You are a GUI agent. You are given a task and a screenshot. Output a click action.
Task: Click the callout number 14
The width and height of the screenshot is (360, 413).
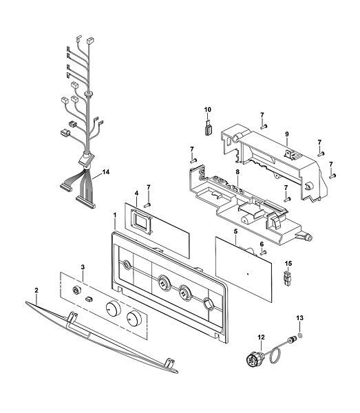pos(105,172)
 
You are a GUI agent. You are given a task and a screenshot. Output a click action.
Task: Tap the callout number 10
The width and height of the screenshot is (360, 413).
pos(208,109)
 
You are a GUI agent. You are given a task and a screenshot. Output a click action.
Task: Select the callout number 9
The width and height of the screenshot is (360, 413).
pos(287,134)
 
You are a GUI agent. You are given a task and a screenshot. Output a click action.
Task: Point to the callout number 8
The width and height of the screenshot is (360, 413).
pos(237,172)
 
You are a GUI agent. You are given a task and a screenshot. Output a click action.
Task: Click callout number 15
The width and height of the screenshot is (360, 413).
pos(288,264)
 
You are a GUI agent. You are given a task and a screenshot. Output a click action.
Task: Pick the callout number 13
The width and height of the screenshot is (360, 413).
pos(299,318)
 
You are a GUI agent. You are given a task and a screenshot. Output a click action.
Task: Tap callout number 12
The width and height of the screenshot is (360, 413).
pos(261,337)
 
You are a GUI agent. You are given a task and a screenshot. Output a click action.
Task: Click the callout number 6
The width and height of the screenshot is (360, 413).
pos(262,244)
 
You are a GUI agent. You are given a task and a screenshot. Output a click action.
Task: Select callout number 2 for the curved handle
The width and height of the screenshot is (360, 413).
pos(36,290)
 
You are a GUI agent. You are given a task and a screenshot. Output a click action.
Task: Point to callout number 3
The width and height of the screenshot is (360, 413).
pos(83,267)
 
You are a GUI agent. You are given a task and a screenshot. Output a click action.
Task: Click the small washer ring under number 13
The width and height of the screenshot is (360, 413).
pos(300,336)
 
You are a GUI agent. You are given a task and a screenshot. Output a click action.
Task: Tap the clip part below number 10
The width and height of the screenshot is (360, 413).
pos(209,127)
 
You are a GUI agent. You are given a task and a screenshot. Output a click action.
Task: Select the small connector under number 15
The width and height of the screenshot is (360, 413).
pos(288,279)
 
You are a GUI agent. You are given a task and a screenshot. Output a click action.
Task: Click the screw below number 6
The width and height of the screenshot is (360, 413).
pos(263,253)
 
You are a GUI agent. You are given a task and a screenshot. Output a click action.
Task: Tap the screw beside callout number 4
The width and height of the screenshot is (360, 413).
pos(147,204)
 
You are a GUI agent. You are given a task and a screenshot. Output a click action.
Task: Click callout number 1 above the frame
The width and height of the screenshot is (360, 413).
pos(115,215)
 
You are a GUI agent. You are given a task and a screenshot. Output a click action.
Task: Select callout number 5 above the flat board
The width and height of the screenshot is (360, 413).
pos(235,231)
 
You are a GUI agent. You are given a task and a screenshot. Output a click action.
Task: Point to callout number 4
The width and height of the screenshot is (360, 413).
pos(136,193)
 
